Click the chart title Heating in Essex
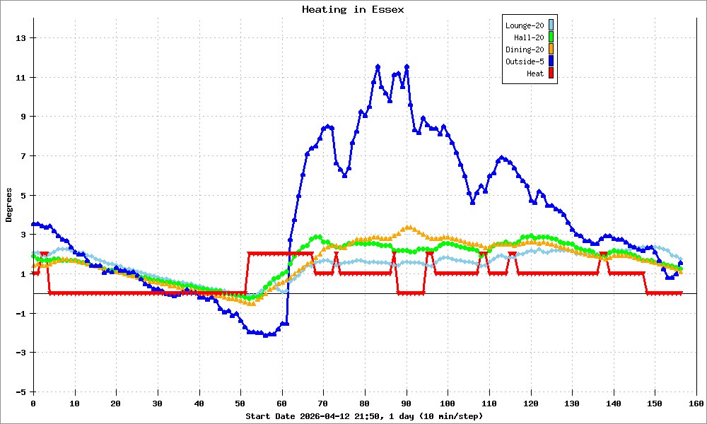pos(353,10)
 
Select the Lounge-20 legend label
pos(525,25)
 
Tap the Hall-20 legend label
pos(529,37)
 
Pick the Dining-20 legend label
pos(525,49)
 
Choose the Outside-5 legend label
pos(525,61)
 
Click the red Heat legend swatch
pos(551,73)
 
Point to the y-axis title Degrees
pos(9,205)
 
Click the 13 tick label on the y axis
pos(21,37)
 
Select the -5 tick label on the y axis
pos(21,391)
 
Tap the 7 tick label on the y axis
pos(23,155)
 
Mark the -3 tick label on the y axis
pos(21,352)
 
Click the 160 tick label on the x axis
pos(696,403)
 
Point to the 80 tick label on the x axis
pos(365,403)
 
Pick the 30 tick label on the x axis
pos(158,403)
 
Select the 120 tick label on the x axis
pos(530,403)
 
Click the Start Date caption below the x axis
pos(364,416)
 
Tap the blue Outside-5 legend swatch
pos(551,61)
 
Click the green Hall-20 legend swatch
pos(551,37)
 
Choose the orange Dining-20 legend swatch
pos(551,49)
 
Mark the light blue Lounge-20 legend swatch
pos(551,25)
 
